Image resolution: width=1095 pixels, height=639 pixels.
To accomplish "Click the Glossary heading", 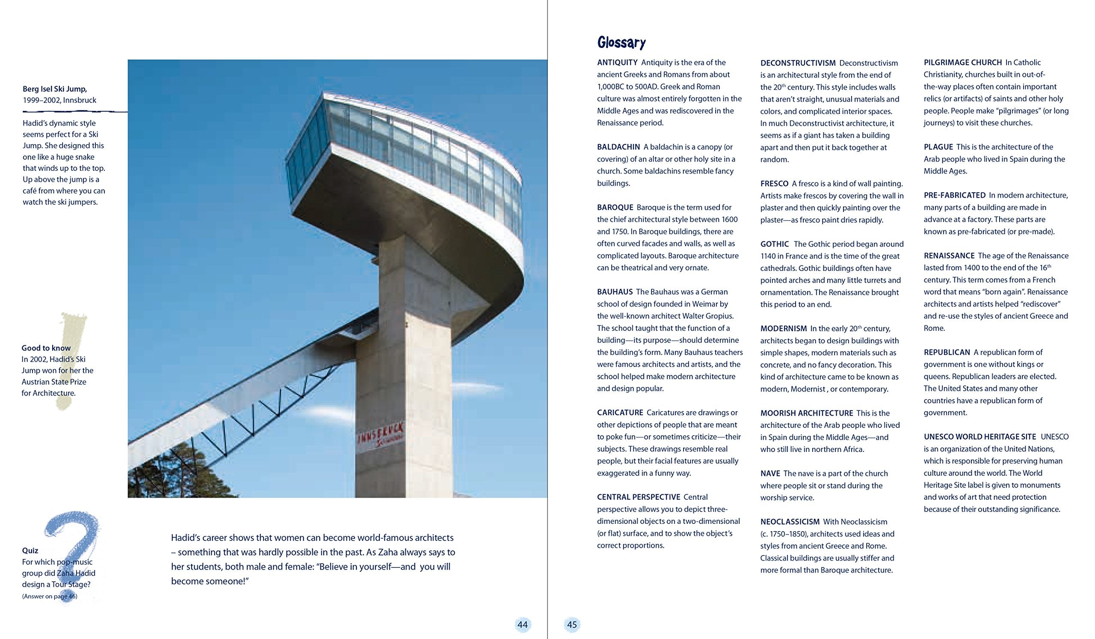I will coord(621,43).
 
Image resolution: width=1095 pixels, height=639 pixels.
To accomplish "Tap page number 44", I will coord(522,624).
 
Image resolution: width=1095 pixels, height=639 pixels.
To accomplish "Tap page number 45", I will coord(572,624).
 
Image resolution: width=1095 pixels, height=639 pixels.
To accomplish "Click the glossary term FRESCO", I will coord(774,184).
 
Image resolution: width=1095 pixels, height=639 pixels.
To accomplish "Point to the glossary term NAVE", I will coord(770,473).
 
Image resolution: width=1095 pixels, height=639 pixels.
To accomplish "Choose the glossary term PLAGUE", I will coord(938,147).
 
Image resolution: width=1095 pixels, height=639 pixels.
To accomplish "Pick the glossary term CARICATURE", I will coord(620,413).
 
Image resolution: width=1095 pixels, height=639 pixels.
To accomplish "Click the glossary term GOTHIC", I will coord(775,244).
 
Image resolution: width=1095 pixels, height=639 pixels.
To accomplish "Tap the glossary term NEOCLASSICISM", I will coord(790,522).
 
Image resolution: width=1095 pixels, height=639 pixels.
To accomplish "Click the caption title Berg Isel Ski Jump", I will coord(55,89).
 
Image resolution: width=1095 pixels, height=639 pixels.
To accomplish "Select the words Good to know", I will coord(46,348).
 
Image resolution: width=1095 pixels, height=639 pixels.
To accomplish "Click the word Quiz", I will coord(30,550).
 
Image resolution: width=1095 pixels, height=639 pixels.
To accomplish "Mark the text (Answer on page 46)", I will coord(50,596).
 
